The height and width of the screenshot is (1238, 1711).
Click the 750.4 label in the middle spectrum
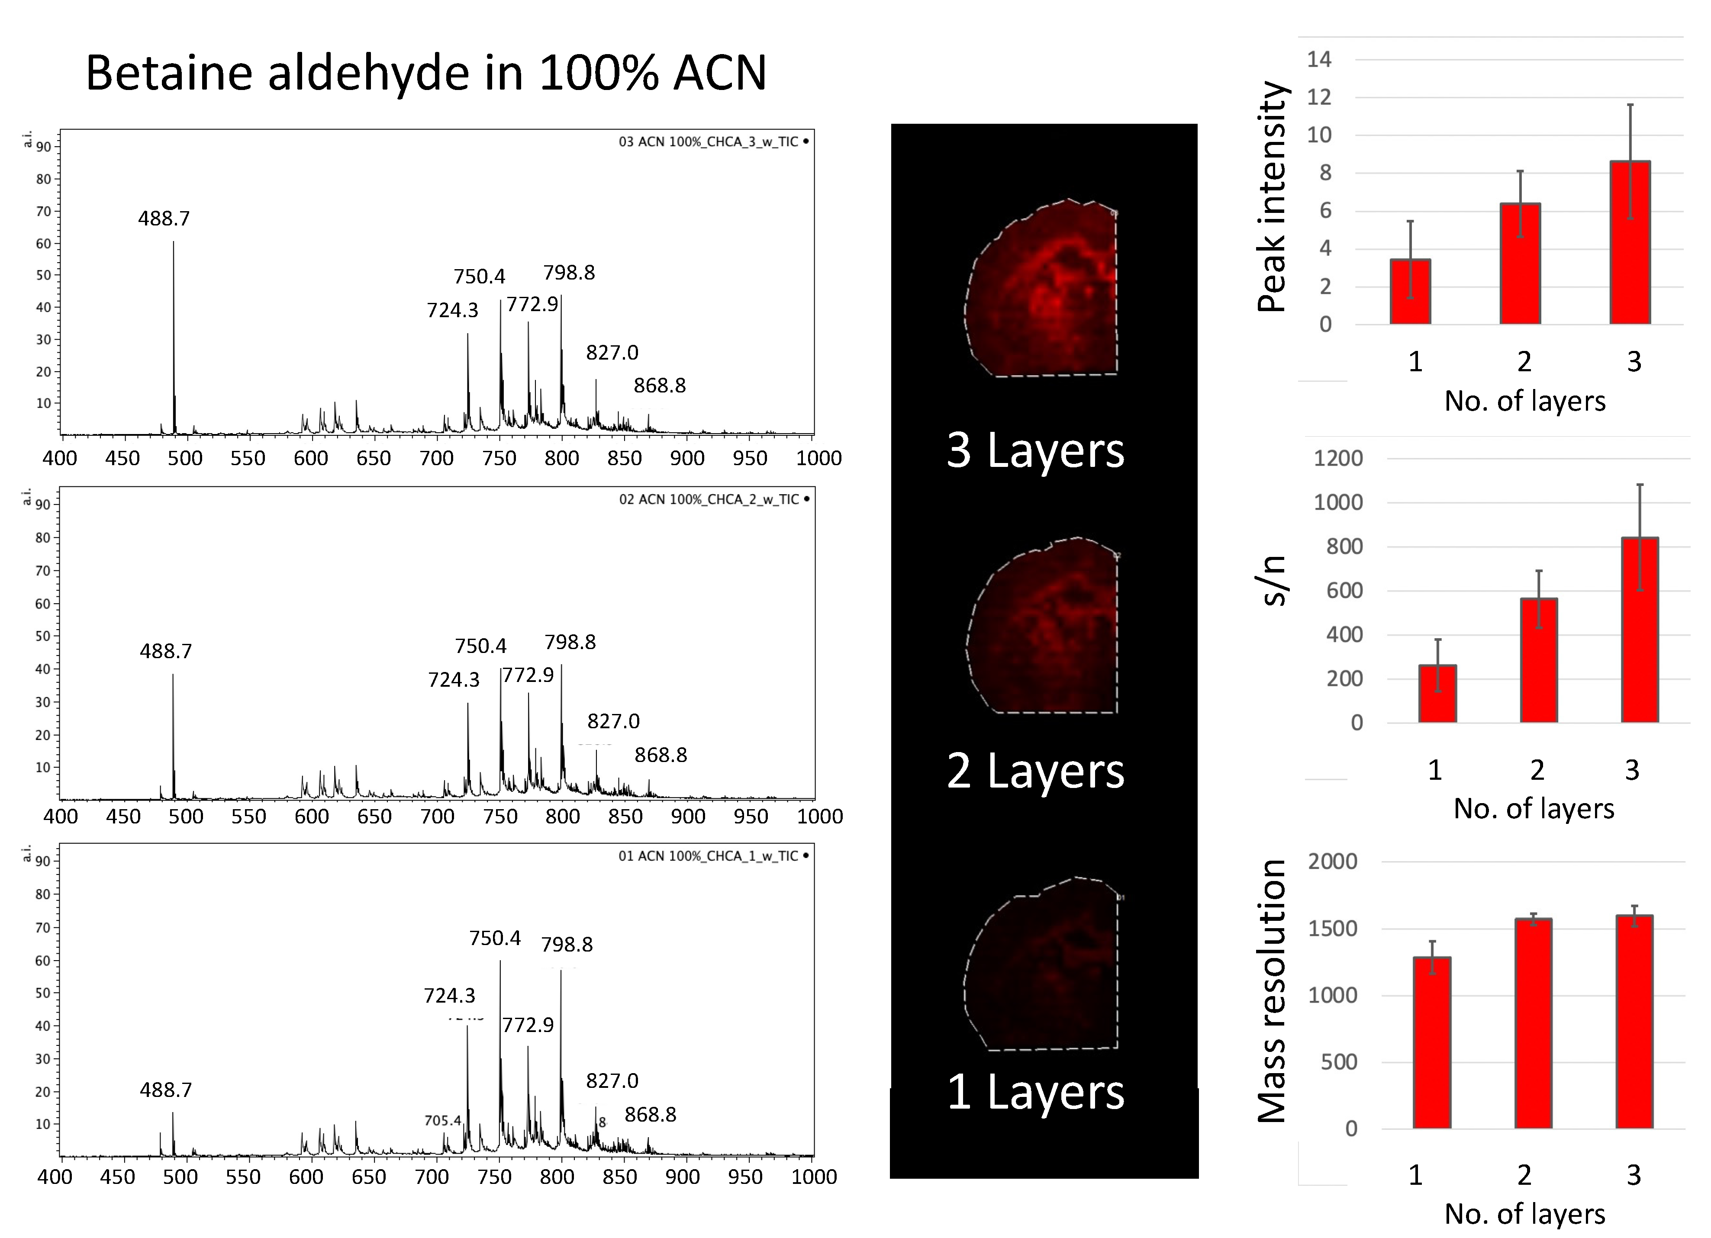[x=480, y=646]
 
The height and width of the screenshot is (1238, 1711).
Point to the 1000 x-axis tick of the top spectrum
[x=818, y=458]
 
